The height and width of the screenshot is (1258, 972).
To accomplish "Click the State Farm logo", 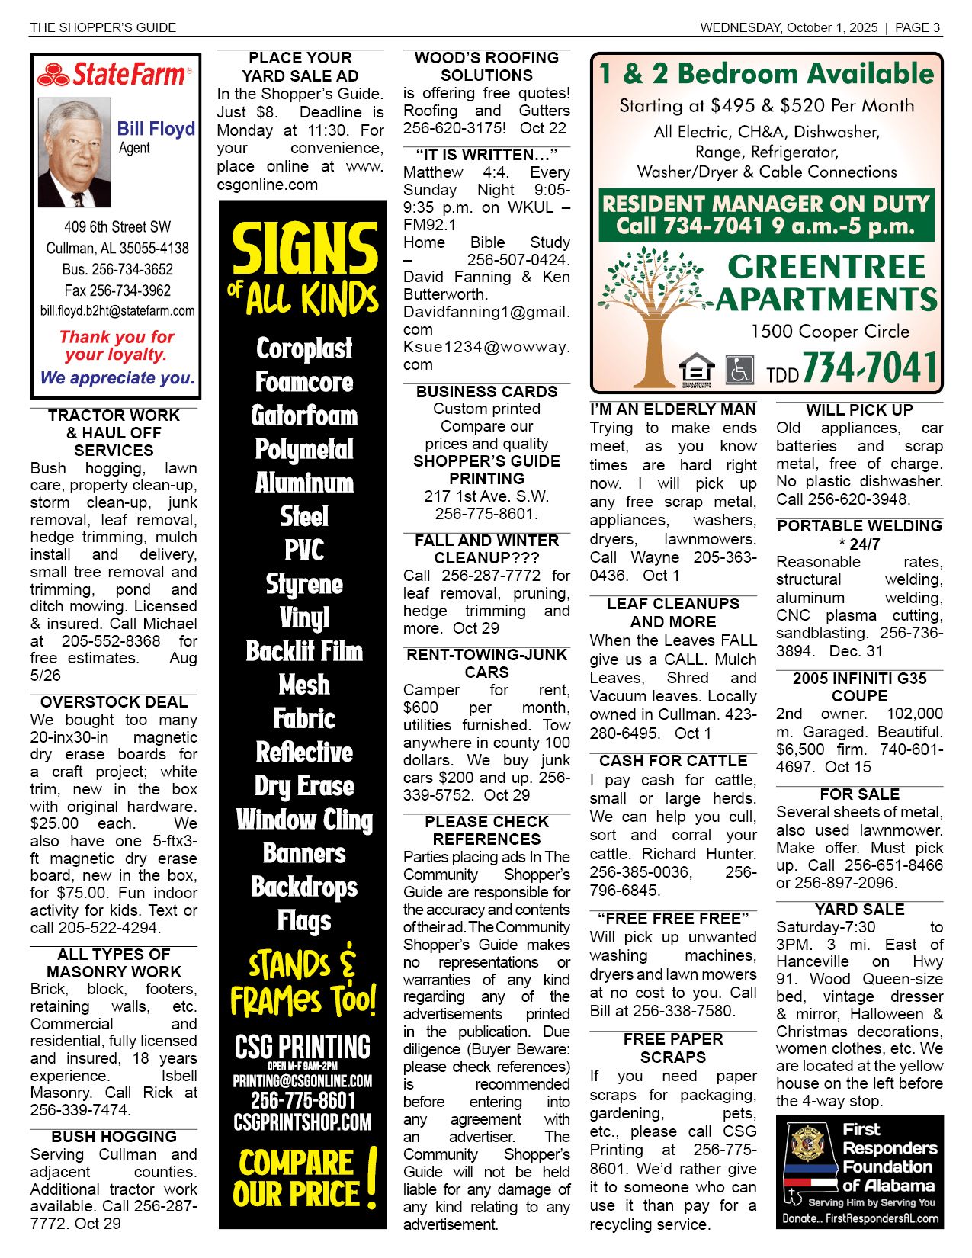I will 114,75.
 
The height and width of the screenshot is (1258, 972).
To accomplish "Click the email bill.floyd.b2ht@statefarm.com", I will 117,311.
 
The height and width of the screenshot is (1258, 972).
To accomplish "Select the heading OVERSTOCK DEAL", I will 114,702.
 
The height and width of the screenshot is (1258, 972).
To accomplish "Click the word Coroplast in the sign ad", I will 304,348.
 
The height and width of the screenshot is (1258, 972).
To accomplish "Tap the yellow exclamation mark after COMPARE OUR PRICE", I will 371,1179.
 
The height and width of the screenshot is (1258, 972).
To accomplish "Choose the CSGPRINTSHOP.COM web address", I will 303,1122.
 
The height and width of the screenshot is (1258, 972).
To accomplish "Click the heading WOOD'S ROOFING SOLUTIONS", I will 486,66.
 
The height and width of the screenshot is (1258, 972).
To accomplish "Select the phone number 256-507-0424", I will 518,260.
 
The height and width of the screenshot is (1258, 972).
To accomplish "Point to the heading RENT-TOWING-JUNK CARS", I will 486,663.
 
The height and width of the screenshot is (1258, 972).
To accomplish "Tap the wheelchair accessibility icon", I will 739,370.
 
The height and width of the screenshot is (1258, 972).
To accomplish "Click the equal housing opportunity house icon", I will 697,370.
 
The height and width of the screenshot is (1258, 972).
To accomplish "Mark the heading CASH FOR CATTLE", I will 673,761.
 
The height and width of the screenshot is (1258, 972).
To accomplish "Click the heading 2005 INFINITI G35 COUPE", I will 859,687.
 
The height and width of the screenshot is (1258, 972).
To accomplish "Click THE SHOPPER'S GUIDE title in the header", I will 103,27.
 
